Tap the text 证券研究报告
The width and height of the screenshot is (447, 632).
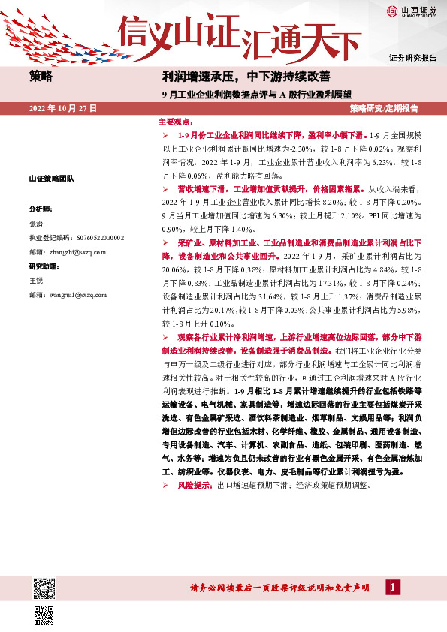tap(412, 58)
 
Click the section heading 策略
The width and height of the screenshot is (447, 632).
tap(41, 76)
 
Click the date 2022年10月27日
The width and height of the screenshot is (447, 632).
tap(63, 109)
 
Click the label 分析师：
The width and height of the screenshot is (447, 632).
tap(40, 208)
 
